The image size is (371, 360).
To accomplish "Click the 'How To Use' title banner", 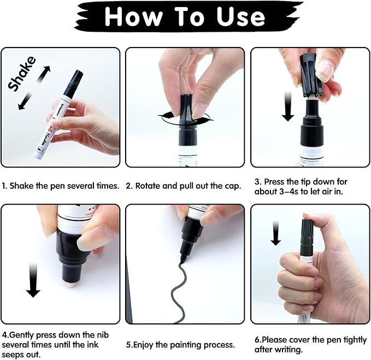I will click(x=185, y=16).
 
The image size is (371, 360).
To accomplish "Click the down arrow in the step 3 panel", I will click(x=288, y=107).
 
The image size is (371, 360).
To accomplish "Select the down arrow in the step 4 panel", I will click(x=33, y=276).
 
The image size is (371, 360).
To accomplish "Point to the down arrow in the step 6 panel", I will click(x=276, y=232).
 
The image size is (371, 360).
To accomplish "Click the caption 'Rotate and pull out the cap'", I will click(x=184, y=185).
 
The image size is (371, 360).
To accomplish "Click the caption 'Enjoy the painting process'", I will click(x=180, y=345).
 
